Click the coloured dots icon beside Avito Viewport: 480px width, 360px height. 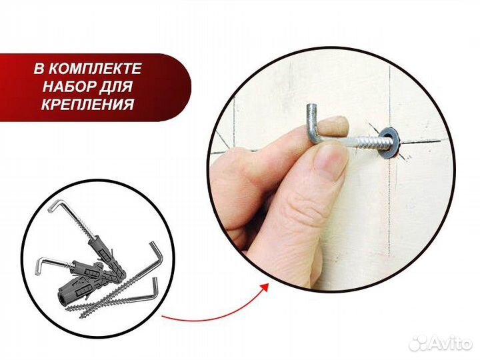(417, 342)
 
